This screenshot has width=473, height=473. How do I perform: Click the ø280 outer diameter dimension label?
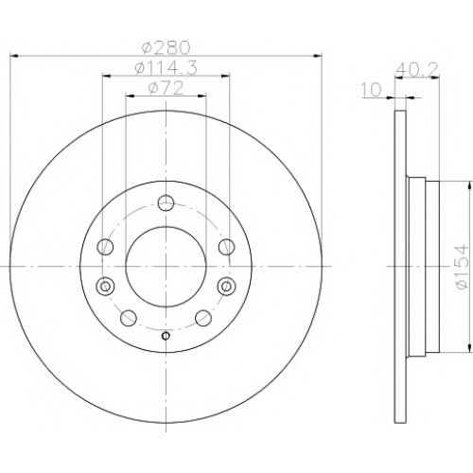tap(166, 48)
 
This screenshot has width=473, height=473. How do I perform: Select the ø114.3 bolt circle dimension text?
tap(166, 67)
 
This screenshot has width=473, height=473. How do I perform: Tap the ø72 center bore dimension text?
tap(166, 88)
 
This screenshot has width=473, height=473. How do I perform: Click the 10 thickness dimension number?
tap(371, 90)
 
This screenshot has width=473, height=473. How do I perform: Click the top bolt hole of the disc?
tap(166, 202)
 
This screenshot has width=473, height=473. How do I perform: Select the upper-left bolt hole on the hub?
tap(105, 247)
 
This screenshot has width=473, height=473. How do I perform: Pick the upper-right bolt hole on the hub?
tap(226, 247)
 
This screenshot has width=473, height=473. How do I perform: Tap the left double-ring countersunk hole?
tap(105, 287)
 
